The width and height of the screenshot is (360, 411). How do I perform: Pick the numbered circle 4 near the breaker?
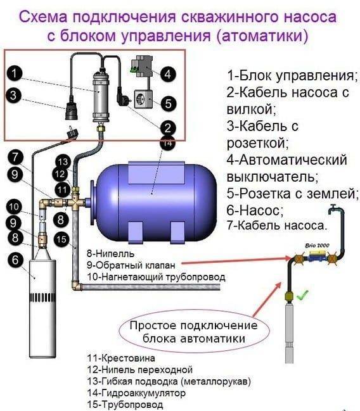click(x=167, y=74)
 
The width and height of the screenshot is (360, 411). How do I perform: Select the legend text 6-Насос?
click(x=255, y=210)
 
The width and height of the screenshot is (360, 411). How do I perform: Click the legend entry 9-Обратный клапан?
click(x=129, y=264)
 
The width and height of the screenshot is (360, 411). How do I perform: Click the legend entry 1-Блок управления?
click(x=292, y=76)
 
